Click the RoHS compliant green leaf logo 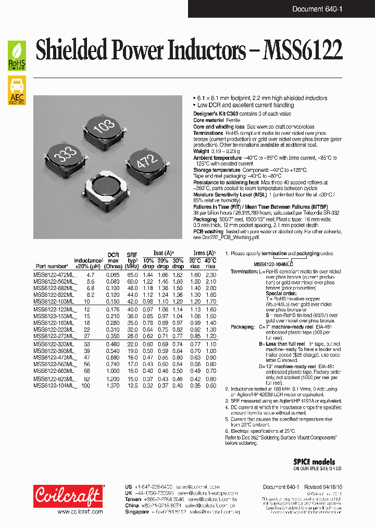(x=17, y=56)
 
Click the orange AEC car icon (x=17, y=90)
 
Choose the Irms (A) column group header (x=203, y=253)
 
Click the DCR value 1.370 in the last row (x=113, y=386)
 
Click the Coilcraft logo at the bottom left (x=68, y=496)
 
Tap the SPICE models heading (x=314, y=462)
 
